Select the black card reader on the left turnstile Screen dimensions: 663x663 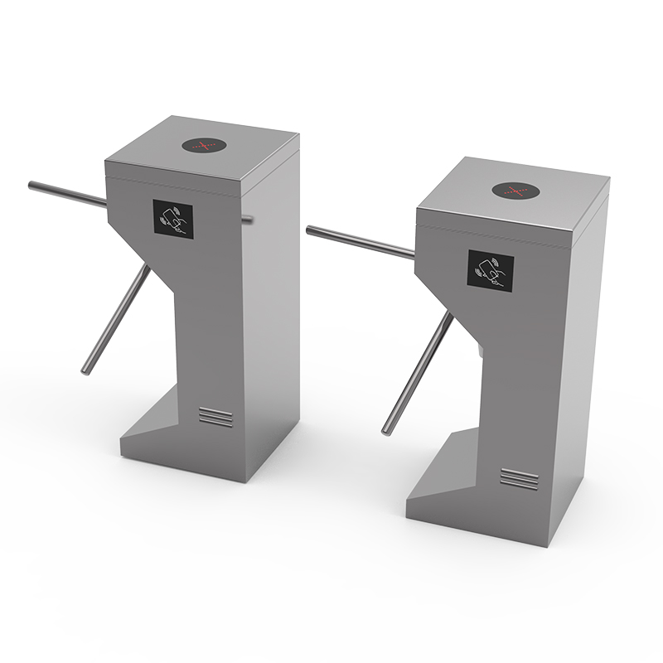pos(173,220)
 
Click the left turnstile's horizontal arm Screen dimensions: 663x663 pos(66,193)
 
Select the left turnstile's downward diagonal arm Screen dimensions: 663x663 pos(116,319)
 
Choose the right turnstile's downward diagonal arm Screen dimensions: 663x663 pos(419,373)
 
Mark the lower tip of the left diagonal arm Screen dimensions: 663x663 pos(85,370)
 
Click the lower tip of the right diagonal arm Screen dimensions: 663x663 pos(386,429)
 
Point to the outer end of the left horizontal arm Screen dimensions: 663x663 pos(31,185)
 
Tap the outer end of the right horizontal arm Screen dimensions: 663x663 pos(311,230)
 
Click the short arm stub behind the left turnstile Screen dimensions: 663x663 pos(248,219)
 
